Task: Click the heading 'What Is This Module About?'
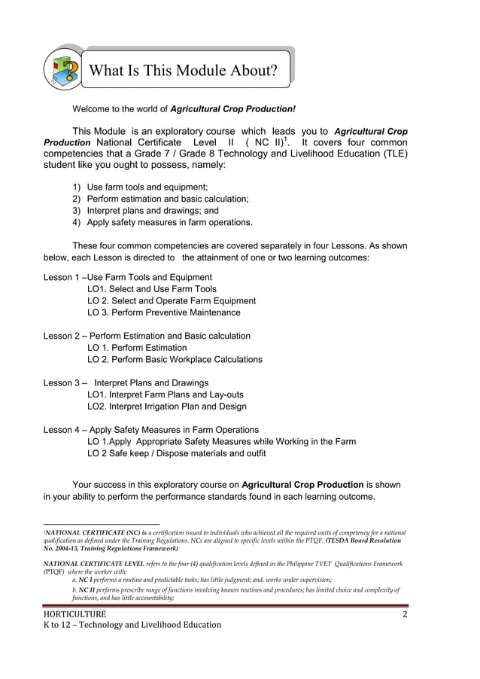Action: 183,71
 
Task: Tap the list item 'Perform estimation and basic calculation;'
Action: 168,199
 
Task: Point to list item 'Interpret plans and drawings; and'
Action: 153,211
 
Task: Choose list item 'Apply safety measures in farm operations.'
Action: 170,223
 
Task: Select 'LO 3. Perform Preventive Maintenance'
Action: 164,312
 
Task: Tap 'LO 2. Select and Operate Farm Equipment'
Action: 172,300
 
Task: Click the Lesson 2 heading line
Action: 147,336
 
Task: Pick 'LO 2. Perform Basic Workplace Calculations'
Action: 175,359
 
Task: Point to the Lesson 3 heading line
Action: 126,382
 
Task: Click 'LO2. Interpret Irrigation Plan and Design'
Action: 167,406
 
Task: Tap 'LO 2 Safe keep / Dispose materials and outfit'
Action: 177,453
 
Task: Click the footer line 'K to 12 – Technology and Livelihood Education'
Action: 132,625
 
